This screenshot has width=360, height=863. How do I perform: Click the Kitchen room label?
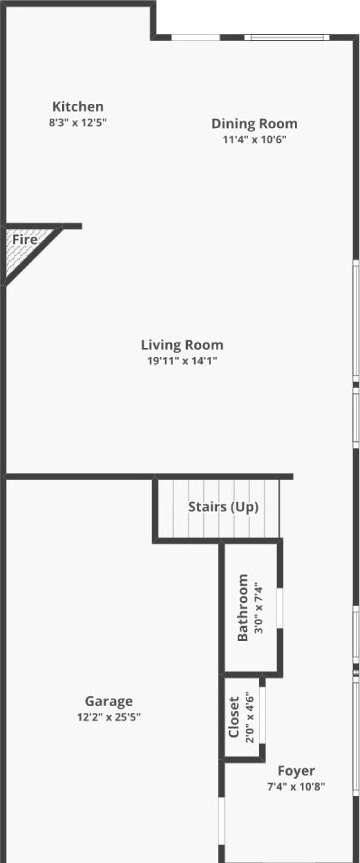click(x=78, y=106)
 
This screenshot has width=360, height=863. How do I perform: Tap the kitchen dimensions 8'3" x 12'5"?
click(x=78, y=122)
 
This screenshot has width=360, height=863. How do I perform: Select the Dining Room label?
click(x=254, y=123)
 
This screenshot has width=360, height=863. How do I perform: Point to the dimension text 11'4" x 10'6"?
click(x=254, y=139)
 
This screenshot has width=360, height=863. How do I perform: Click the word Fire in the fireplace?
click(x=25, y=239)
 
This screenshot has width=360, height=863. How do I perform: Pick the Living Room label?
click(x=182, y=345)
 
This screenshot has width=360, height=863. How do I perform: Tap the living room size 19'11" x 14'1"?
click(x=182, y=361)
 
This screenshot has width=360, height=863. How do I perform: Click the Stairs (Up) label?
click(x=223, y=507)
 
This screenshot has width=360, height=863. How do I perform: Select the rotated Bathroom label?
click(x=242, y=608)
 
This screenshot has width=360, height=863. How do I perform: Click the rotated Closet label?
click(x=233, y=717)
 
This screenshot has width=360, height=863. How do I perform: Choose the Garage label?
click(x=108, y=701)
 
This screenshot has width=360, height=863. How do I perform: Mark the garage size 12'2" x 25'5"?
click(x=109, y=717)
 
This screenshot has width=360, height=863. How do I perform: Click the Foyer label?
click(x=296, y=771)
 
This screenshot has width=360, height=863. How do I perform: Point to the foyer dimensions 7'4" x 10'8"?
click(x=296, y=786)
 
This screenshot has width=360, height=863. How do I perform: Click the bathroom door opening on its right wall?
click(x=280, y=608)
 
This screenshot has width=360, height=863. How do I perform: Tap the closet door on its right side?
click(x=262, y=714)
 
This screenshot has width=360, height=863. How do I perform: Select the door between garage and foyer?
click(x=221, y=824)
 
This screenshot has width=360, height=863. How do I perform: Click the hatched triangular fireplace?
click(x=23, y=248)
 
